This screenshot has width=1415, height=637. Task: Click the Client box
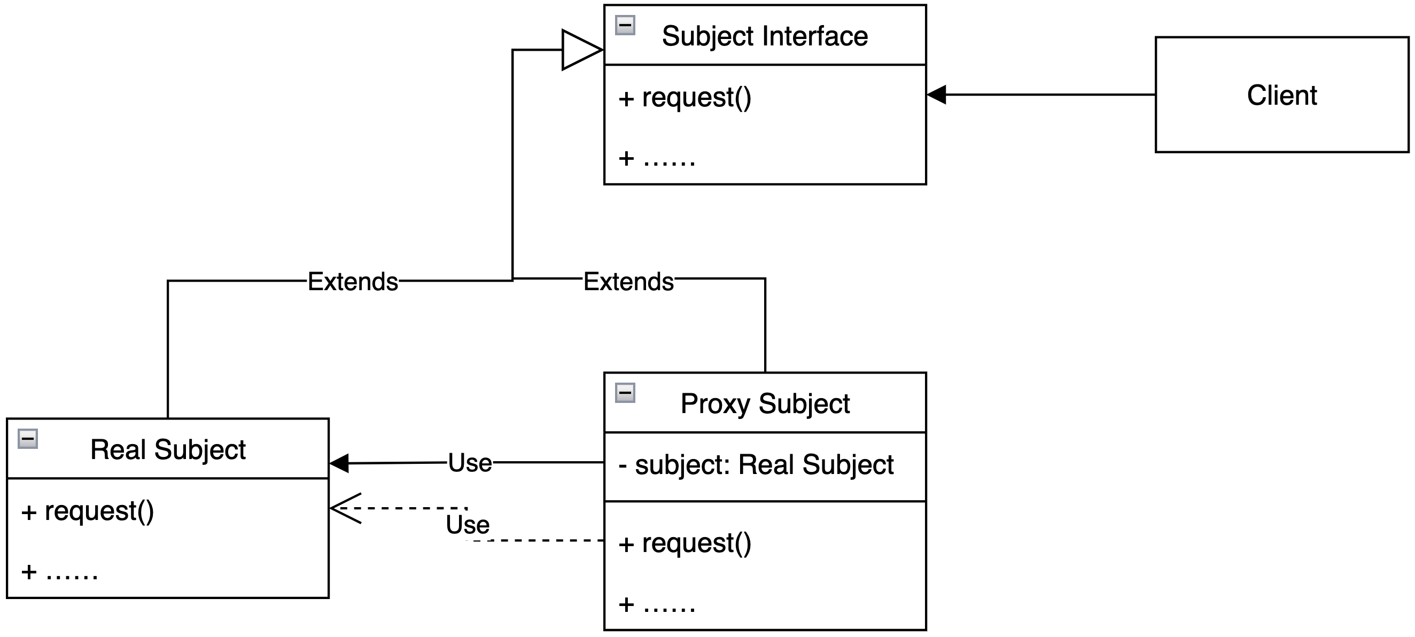1281,95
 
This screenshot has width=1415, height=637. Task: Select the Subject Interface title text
765,36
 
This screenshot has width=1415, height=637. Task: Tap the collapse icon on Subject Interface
625,25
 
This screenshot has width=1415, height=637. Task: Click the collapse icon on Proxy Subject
625,393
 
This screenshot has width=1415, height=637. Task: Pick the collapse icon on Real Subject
27,439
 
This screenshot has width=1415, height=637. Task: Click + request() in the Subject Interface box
685,98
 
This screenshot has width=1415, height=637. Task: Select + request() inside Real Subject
87,511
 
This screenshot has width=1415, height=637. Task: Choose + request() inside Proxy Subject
685,543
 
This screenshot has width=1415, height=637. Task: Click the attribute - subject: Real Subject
756,464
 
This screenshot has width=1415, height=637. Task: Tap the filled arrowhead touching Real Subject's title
339,463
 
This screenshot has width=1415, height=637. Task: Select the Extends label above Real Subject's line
353,282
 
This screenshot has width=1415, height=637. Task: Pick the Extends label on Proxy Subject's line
628,282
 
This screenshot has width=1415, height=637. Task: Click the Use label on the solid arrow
470,463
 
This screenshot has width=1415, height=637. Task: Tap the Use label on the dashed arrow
468,524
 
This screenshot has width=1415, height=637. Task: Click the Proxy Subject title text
765,403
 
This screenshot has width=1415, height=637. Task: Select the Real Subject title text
168,450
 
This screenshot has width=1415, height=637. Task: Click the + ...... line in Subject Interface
657,159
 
